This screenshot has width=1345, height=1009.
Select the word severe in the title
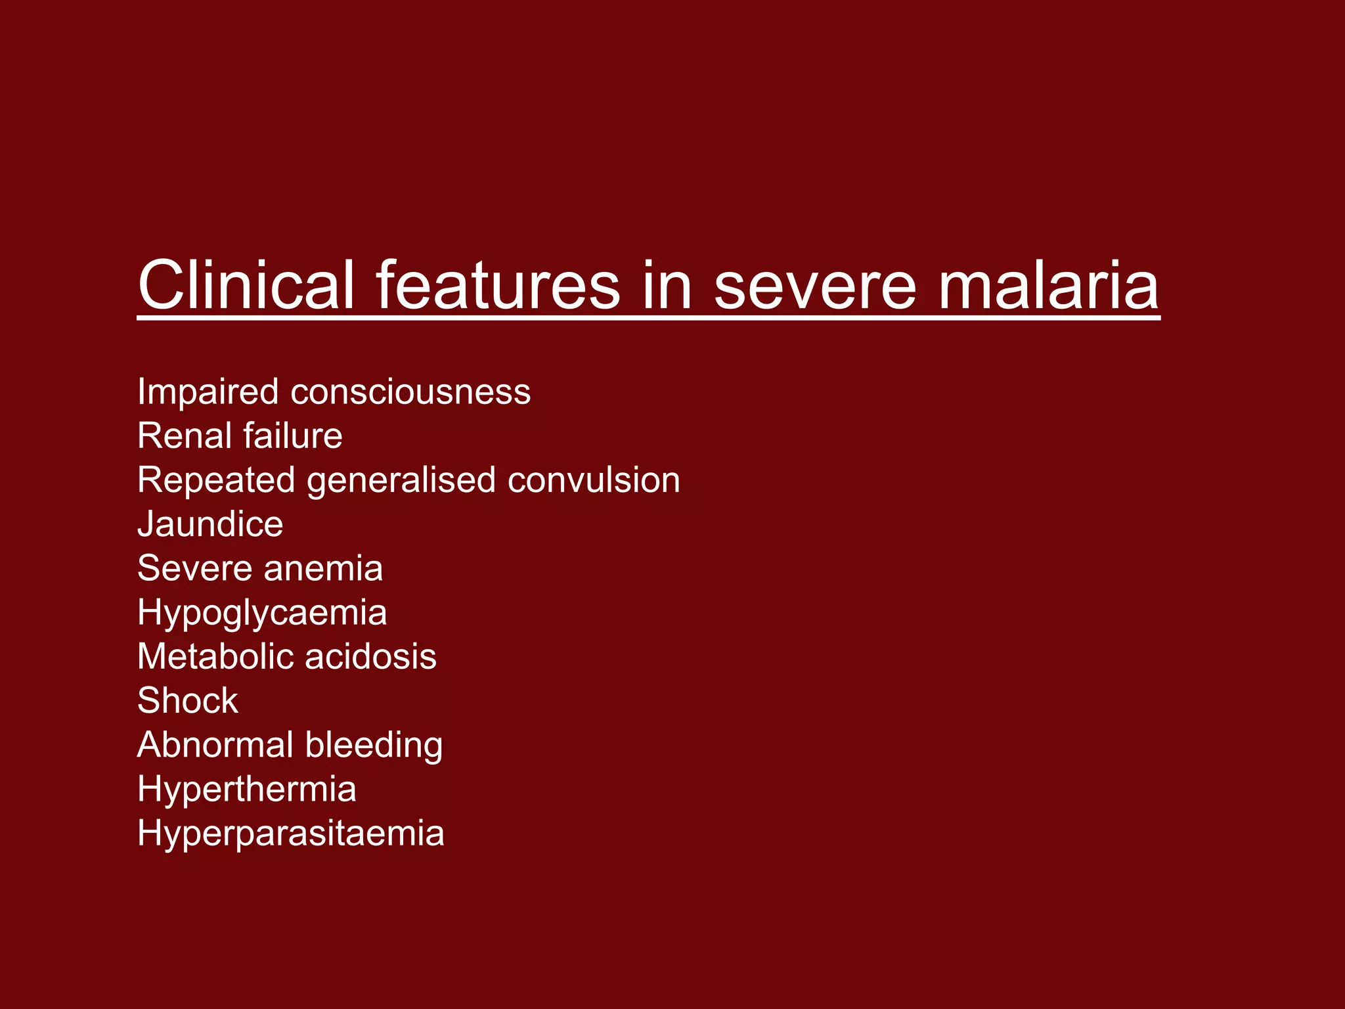[815, 285]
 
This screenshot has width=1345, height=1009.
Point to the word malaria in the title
[1049, 285]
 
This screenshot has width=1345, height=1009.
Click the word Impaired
[208, 392]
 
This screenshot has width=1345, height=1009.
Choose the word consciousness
[410, 392]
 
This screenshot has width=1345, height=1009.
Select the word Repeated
[215, 480]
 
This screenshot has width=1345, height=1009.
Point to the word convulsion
[594, 480]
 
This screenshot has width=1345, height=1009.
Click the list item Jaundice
[210, 524]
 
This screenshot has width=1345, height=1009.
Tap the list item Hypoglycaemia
[262, 614]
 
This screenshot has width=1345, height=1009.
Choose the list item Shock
[188, 700]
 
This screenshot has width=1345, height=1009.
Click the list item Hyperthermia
[247, 790]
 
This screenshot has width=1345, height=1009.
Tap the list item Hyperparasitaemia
[291, 834]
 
